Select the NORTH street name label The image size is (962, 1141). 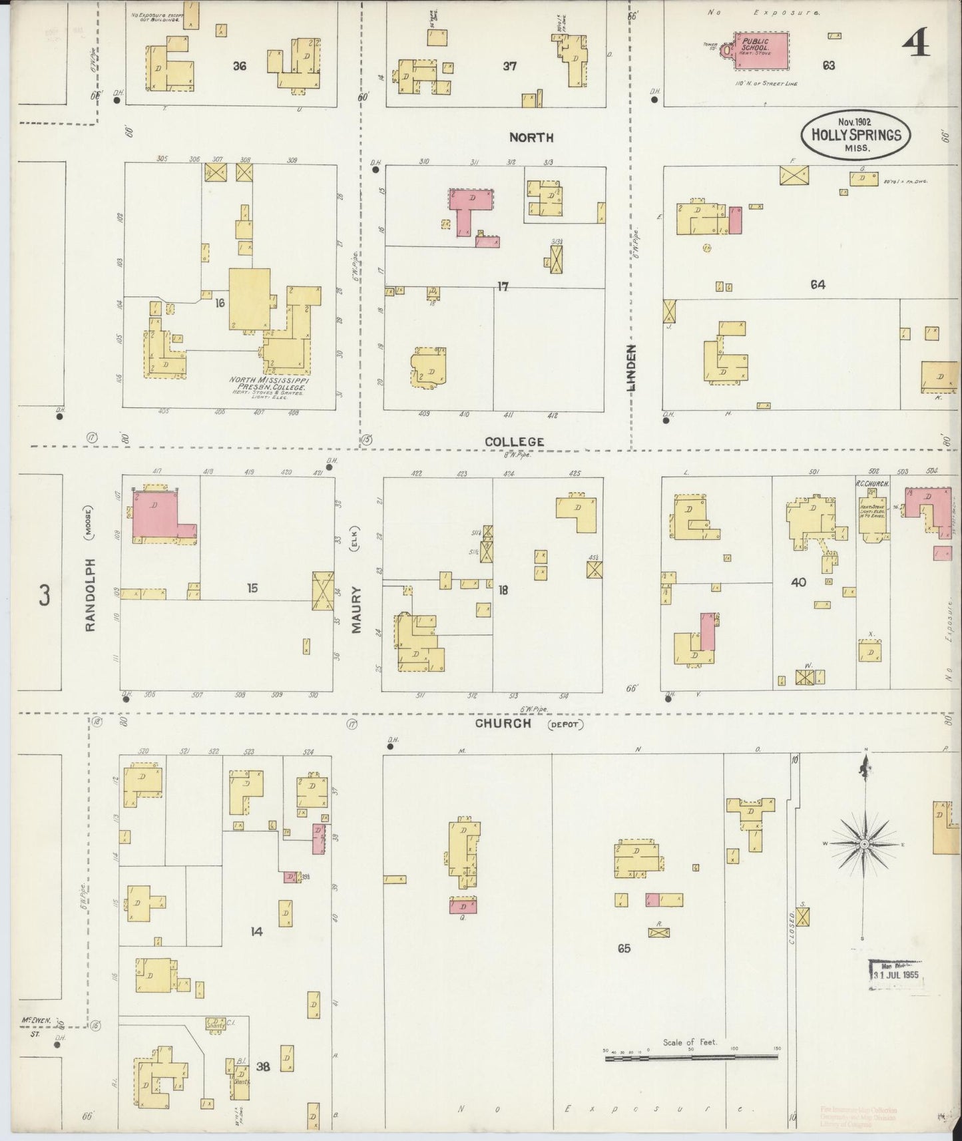click(531, 137)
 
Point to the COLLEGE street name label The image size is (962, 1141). click(515, 441)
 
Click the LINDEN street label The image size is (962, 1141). click(631, 367)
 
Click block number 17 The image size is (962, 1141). click(503, 286)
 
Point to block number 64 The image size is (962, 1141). click(818, 284)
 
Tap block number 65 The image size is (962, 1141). click(623, 948)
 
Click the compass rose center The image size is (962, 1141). click(864, 844)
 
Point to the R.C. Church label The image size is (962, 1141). click(872, 484)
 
